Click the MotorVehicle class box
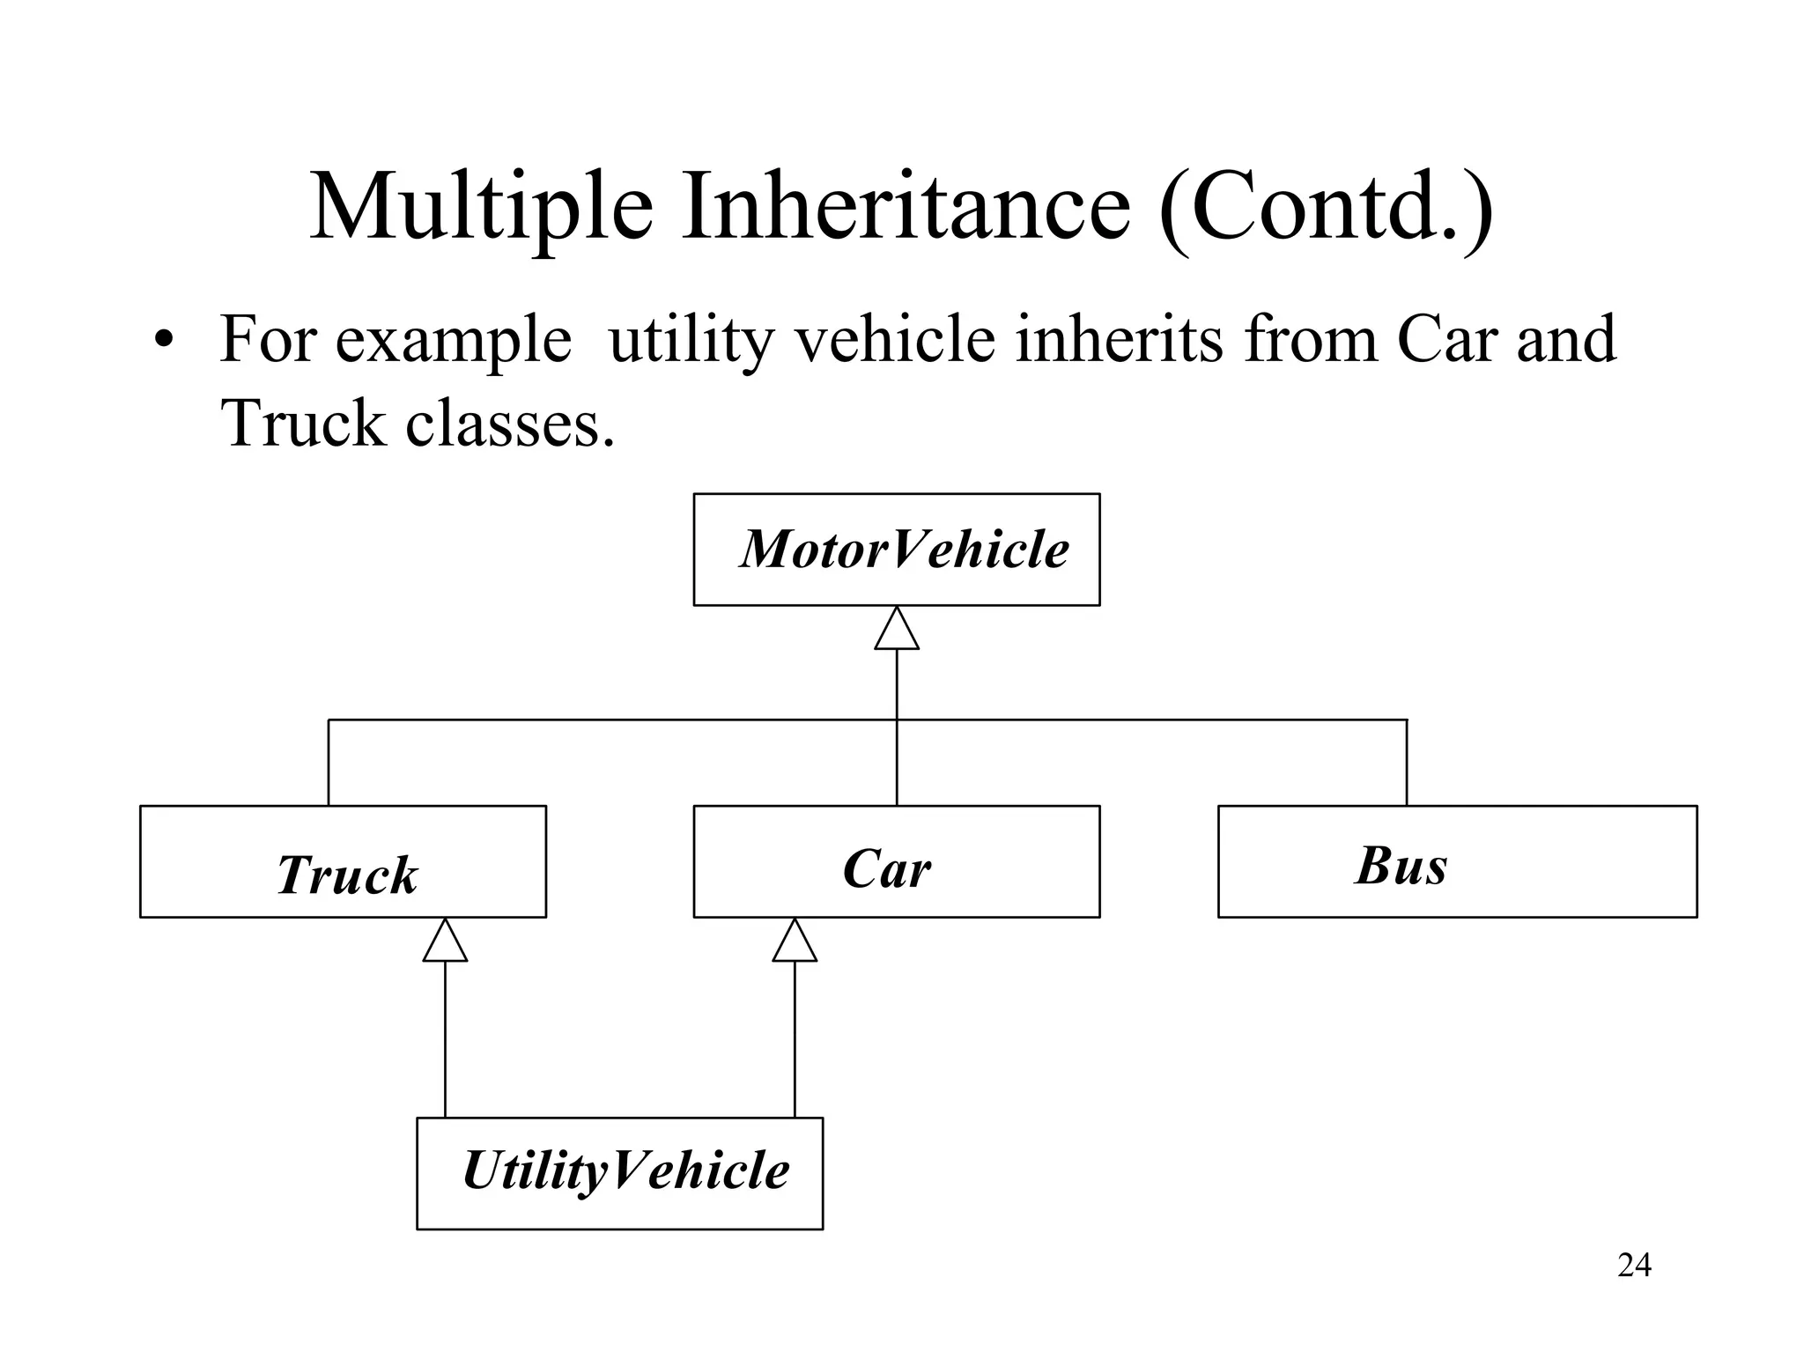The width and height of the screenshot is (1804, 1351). tap(896, 550)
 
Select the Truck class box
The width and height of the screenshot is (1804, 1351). tap(343, 862)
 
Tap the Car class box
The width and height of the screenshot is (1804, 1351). tap(896, 862)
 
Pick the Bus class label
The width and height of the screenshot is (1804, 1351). tap(1401, 866)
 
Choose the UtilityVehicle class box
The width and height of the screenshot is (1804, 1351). tap(619, 1173)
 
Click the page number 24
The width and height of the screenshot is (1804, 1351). tap(1634, 1266)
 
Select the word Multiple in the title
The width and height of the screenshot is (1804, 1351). tap(481, 208)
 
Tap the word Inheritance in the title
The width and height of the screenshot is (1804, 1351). tap(906, 208)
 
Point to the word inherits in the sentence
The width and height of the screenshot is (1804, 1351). tap(1119, 340)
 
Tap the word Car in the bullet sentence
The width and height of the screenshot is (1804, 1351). tap(1446, 340)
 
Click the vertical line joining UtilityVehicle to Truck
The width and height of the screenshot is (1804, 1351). tap(445, 1039)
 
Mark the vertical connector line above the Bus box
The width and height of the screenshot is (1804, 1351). tap(1407, 763)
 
